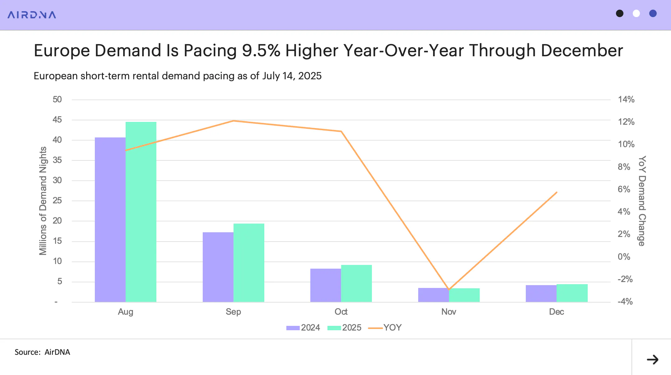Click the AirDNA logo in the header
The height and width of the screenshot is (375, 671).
[x=32, y=15]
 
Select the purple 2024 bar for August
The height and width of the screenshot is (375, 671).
[x=110, y=220]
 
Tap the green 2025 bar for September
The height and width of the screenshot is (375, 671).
[x=249, y=263]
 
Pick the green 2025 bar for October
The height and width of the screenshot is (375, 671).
[x=356, y=283]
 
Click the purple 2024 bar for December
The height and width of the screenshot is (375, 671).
[x=541, y=294]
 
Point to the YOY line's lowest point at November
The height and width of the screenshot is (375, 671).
[x=449, y=289]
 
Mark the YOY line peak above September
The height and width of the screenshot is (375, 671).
[x=233, y=121]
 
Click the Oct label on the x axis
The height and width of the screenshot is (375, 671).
[x=341, y=312]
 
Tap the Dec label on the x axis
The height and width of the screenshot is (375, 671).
[x=556, y=312]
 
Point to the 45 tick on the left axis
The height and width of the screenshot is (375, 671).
[x=57, y=120]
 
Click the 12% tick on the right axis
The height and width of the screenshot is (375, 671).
[x=626, y=122]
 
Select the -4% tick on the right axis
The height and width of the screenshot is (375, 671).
[x=625, y=302]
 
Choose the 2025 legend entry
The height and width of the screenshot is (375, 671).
[x=345, y=328]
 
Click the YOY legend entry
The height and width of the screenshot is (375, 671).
[x=385, y=328]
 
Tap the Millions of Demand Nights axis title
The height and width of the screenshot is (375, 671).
[x=43, y=201]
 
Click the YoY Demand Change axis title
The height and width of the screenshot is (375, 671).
[x=642, y=201]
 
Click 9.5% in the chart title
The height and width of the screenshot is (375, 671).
[x=261, y=50]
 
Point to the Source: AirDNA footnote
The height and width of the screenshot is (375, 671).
[x=42, y=352]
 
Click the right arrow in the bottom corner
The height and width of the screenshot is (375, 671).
[x=653, y=359]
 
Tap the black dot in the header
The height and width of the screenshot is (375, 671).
[x=620, y=13]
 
